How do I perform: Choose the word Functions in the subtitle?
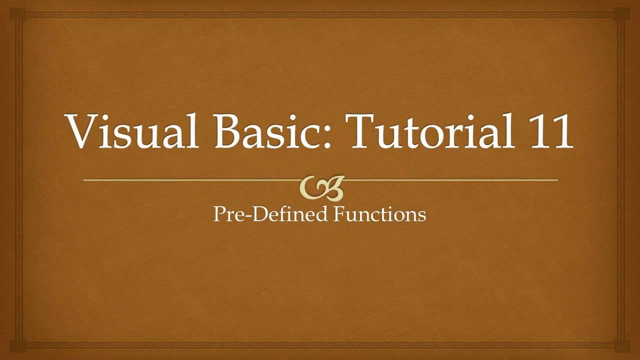point(379,214)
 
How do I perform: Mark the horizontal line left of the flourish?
point(190,179)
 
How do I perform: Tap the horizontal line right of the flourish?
point(450,179)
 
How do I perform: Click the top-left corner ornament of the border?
point(18,13)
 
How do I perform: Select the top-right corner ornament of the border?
point(622,13)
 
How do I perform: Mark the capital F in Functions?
point(339,214)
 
